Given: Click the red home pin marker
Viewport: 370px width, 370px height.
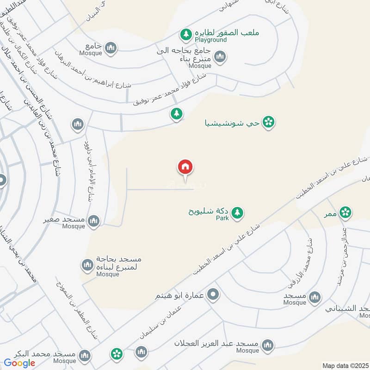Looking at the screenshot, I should coord(185,167).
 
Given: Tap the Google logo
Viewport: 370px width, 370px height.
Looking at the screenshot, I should coord(20,363).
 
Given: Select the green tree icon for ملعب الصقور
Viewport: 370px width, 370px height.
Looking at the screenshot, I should coord(186,34).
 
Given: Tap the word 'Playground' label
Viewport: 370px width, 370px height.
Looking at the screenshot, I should coord(210,40).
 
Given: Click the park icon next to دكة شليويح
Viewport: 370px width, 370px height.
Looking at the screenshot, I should coord(237,212).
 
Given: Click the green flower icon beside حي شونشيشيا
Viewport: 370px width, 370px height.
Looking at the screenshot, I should coord(268,122).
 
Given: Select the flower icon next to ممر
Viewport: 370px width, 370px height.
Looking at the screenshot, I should coord(345,212).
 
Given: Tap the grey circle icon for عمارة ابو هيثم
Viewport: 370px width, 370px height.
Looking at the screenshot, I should coord(213,294).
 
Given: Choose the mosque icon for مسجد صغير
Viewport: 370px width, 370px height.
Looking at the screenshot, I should coord(94,221).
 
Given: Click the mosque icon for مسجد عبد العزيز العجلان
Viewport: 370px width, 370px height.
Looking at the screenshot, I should coord(267,345).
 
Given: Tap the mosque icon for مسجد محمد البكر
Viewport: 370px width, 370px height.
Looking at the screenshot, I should coord(84,355).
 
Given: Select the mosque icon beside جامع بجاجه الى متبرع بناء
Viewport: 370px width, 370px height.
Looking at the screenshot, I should coord(220,56).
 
